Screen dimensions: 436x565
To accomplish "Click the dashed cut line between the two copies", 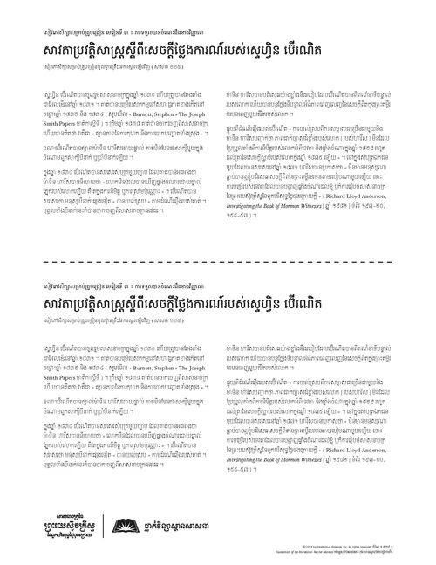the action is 218,260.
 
